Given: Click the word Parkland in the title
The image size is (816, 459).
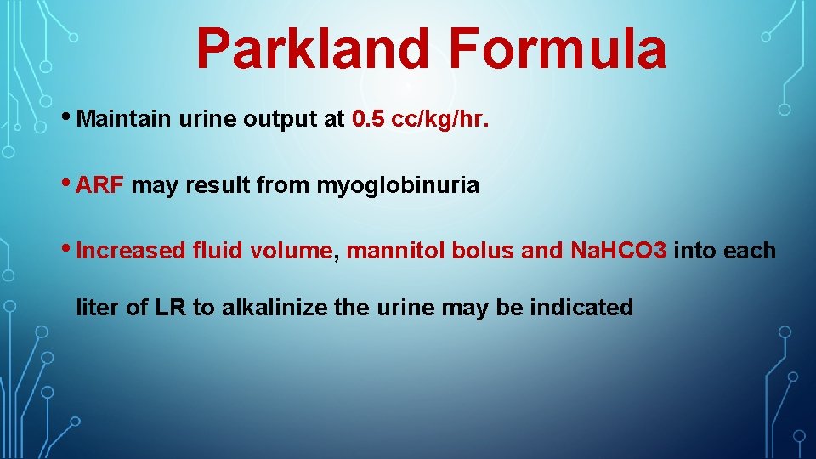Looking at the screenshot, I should tap(313, 48).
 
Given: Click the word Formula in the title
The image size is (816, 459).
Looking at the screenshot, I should tap(558, 48).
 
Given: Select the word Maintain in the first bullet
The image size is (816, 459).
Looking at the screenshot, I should tap(124, 120).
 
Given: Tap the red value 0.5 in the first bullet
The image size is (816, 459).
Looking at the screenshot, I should tap(367, 120).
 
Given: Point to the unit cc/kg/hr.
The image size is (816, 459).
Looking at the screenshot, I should tap(440, 120).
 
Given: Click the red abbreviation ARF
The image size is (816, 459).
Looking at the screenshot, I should tap(100, 185).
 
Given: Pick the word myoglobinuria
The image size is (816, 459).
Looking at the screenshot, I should tap(398, 185).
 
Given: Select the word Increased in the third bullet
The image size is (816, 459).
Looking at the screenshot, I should tap(131, 251).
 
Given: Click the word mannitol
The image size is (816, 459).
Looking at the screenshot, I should tap(388, 251).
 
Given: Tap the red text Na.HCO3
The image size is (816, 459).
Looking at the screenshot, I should tap(619, 251).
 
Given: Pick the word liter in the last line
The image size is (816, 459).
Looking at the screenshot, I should tap(98, 308).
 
